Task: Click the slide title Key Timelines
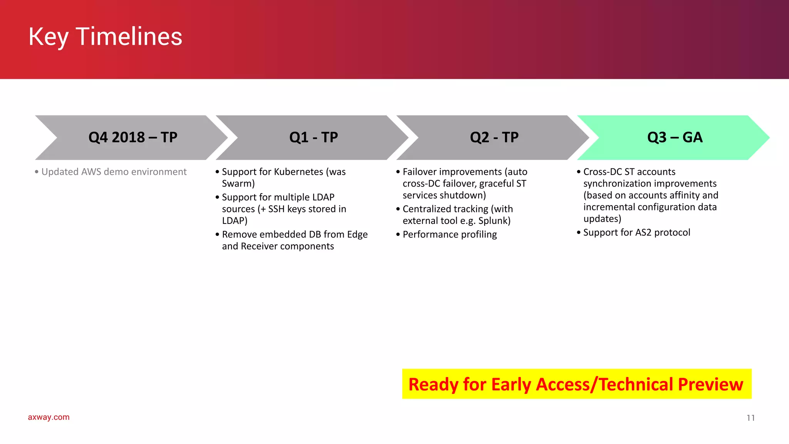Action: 105,37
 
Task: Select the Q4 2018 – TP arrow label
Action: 133,138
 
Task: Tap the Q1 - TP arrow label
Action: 313,138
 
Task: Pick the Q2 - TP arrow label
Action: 494,138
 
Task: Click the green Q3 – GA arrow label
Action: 675,138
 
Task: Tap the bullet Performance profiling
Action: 449,235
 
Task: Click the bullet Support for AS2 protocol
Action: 636,233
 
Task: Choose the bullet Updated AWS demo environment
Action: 114,172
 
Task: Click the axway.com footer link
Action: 49,417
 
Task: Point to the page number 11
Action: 750,418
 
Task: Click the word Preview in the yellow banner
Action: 710,385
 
